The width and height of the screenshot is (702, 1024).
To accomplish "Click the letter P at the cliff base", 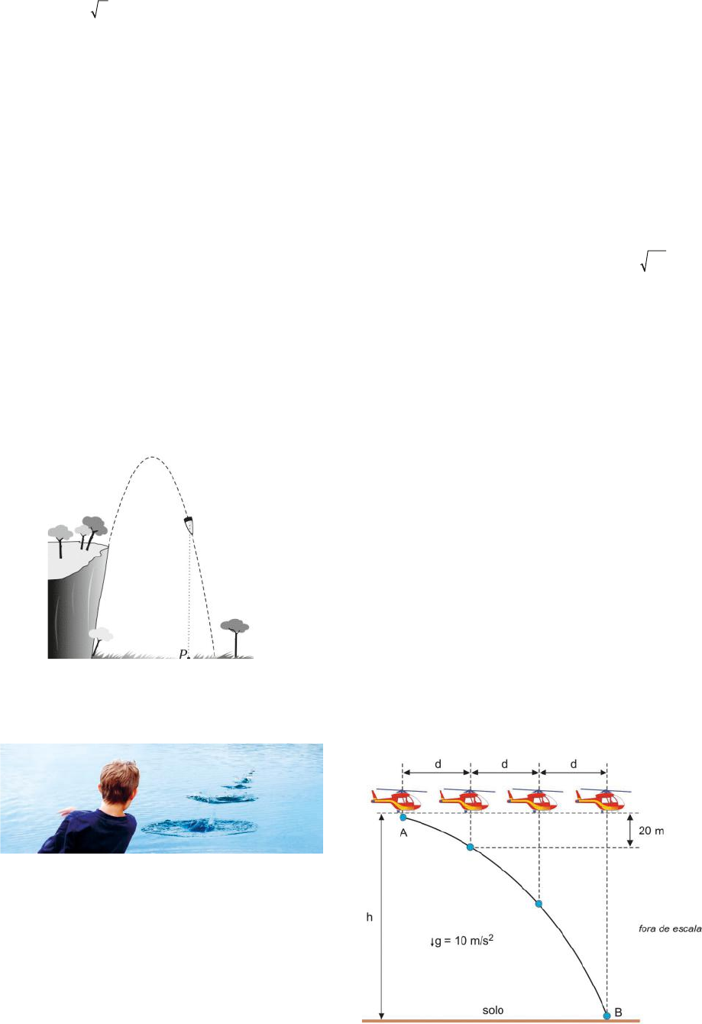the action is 183,654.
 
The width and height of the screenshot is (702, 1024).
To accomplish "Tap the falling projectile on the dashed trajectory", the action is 189,525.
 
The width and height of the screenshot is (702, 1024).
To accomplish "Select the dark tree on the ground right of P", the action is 235,638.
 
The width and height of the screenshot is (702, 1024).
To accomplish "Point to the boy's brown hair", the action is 119,781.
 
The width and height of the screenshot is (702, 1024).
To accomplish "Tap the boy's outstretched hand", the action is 66,811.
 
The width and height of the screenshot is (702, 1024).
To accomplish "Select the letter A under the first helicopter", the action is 403,833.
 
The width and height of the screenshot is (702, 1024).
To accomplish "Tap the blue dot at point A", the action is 403,818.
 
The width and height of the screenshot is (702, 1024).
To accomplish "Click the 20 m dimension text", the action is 652,831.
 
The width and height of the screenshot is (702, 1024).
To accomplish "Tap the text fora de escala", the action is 670,928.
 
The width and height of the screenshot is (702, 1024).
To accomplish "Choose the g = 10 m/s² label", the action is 461,941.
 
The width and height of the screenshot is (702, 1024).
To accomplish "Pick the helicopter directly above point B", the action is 603,799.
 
